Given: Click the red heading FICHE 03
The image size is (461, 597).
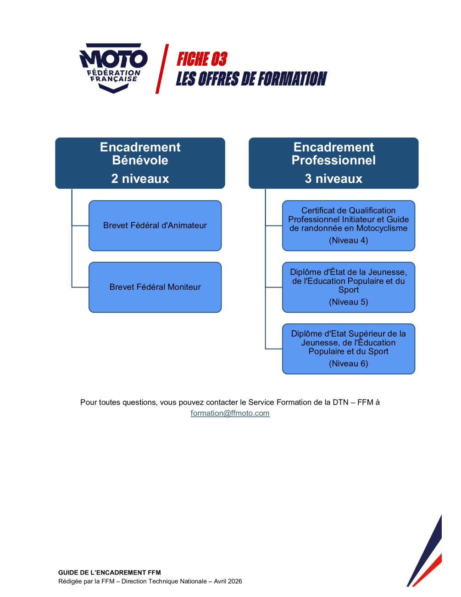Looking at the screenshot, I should coord(202,59).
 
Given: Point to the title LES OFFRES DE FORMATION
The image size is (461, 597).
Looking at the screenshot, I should coord(251,79).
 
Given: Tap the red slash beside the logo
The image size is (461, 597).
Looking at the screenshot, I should coord(161,69).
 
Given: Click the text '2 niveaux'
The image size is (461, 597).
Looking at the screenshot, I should coord(140,179).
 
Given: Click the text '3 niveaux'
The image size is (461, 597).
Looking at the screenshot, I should coord(333,179).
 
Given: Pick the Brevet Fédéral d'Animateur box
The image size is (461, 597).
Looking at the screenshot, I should coord(155,225).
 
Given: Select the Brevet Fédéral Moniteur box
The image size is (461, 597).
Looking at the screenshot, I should coord(155,287).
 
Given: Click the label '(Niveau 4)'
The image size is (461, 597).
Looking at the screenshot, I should coord(349,240).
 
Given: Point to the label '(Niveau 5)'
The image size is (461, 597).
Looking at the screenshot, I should coord(349,302).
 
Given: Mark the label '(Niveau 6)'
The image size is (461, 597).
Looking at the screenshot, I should coord(349,363).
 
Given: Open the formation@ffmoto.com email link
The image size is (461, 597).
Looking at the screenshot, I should coord(230,413).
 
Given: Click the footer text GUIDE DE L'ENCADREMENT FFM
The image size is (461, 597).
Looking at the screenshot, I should coord(110,573).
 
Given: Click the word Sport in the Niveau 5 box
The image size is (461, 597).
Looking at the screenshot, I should coord(349,290).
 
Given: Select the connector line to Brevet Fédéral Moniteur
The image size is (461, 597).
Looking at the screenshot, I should coord(80,287).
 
